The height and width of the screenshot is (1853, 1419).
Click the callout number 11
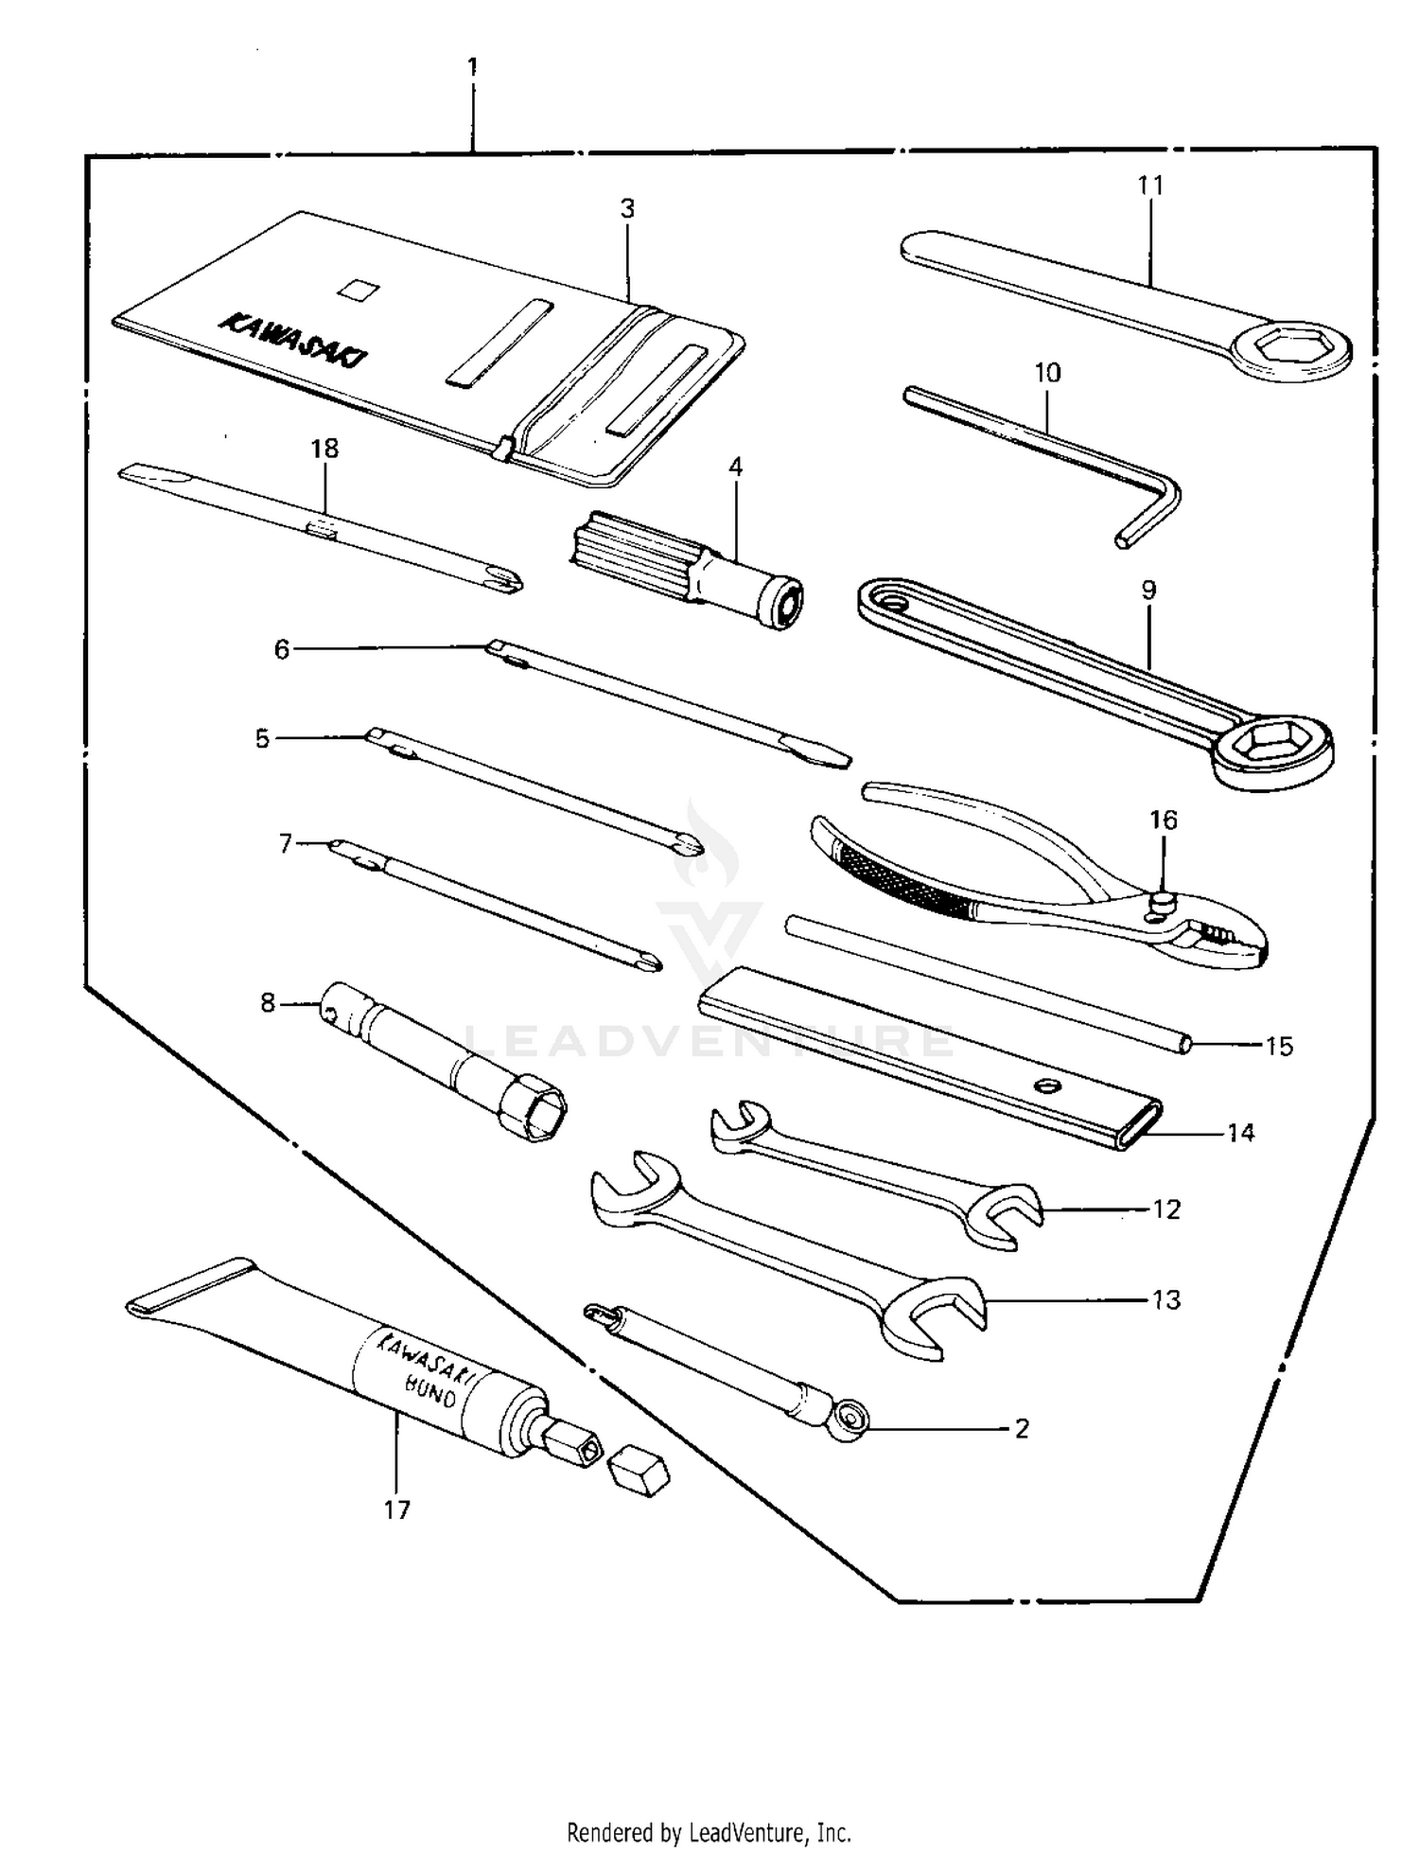(x=1149, y=185)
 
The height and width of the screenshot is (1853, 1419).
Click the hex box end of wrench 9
(x=1272, y=744)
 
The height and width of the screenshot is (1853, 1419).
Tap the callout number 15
(x=1278, y=1047)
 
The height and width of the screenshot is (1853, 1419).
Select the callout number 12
(x=1166, y=1209)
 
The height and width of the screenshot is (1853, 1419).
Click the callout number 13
(x=1166, y=1300)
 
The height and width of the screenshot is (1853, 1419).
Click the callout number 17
(x=396, y=1510)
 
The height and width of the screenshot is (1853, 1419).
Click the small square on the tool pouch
(x=359, y=289)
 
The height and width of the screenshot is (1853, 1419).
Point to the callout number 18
(x=324, y=449)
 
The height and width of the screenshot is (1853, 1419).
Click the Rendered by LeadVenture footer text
(x=709, y=1832)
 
